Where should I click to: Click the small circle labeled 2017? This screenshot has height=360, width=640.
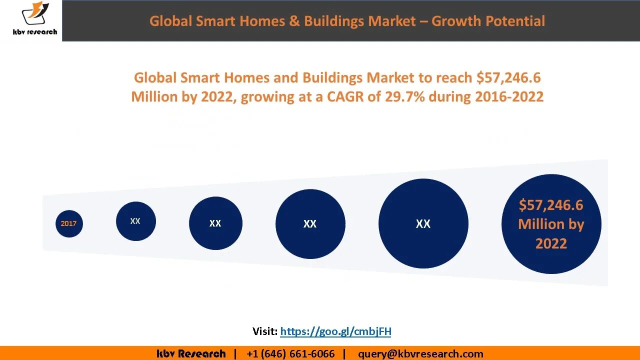(x=69, y=223)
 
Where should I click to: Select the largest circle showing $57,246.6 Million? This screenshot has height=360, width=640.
(x=551, y=224)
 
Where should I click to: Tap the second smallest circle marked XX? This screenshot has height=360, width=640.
(x=135, y=221)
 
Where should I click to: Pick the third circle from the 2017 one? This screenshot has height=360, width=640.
(x=215, y=223)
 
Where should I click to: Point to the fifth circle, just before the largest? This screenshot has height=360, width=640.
(x=423, y=223)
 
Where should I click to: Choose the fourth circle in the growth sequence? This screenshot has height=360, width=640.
(x=310, y=224)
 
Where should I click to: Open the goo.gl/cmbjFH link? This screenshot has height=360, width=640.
(x=335, y=331)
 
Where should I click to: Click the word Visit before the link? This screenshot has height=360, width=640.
(x=264, y=331)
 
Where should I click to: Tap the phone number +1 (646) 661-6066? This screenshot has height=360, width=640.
(x=290, y=354)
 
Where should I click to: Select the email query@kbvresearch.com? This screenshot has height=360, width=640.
(x=420, y=354)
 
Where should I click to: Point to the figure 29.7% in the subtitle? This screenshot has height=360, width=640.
(x=405, y=96)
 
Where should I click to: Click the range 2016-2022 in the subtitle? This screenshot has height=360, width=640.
(x=509, y=96)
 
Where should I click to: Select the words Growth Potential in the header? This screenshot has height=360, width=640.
(x=488, y=21)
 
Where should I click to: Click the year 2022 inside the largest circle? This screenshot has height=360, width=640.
(x=551, y=243)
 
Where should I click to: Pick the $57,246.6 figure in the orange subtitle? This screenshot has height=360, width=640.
(x=508, y=77)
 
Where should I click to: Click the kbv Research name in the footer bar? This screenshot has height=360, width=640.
(x=191, y=354)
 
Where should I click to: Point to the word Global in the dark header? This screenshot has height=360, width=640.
(x=169, y=21)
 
